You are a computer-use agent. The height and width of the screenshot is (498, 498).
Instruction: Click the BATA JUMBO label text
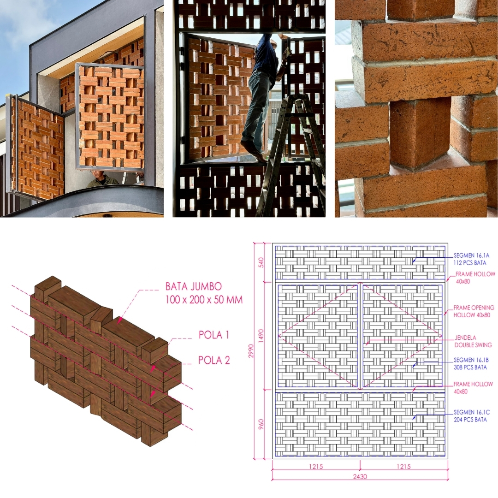(193, 286)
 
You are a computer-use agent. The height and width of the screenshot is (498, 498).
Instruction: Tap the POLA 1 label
(214, 335)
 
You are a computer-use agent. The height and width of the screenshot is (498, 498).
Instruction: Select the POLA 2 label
(214, 360)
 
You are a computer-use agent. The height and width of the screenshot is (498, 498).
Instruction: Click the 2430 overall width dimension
(360, 476)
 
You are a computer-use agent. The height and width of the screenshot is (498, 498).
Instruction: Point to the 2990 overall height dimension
(251, 351)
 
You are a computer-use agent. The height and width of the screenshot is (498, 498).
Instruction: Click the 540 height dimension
(261, 262)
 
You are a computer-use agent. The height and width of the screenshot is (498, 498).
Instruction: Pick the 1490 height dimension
(261, 336)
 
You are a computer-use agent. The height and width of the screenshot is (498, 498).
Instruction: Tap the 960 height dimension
(261, 424)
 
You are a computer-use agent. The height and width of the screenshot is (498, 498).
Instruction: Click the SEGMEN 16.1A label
(471, 255)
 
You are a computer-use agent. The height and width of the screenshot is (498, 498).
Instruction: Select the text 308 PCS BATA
(470, 368)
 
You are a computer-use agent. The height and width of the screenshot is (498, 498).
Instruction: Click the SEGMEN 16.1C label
(472, 412)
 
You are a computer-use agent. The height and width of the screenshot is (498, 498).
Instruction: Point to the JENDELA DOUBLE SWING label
(473, 341)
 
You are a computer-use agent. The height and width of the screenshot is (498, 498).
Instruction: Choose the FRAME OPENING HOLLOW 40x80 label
(474, 311)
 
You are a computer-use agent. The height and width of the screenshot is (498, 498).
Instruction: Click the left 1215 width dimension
(316, 467)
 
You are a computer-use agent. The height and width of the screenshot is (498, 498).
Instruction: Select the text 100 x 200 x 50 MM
(204, 300)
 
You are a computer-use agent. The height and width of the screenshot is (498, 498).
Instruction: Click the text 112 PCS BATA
(470, 263)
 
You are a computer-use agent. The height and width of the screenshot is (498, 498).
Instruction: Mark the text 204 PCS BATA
(470, 420)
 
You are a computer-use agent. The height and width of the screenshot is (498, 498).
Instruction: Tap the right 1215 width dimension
(403, 467)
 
